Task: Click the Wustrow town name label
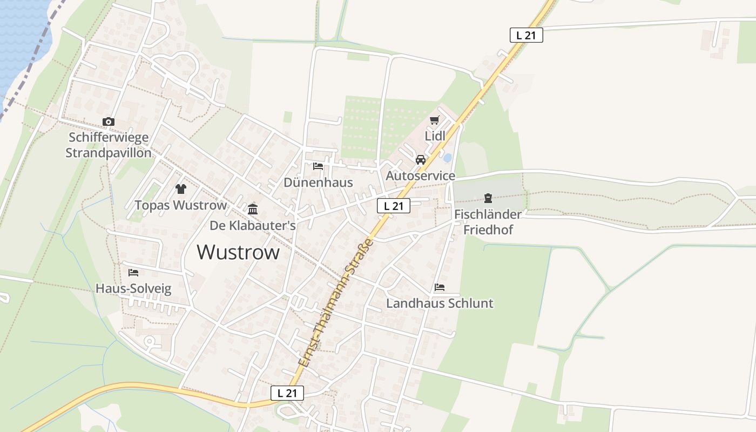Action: pos(238,252)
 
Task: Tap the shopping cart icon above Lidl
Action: pos(435,120)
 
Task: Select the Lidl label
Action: pos(435,136)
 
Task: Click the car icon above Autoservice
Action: pos(421,160)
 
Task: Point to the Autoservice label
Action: pos(421,176)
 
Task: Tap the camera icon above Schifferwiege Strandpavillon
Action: pos(109,122)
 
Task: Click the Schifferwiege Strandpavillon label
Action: pos(109,145)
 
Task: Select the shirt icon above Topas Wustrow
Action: pos(181,189)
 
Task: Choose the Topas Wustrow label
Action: pos(181,205)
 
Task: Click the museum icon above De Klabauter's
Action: pos(253,209)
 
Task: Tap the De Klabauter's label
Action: pos(253,225)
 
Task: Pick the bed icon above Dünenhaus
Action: pos(318,166)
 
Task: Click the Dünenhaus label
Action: pos(318,183)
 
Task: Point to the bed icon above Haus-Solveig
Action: pos(133,273)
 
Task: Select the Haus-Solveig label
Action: pos(133,289)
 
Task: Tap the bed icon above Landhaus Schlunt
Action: pos(440,287)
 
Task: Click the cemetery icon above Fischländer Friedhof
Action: pos(488,198)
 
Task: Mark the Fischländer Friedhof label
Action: pos(488,222)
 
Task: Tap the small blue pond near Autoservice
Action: pos(448,158)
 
